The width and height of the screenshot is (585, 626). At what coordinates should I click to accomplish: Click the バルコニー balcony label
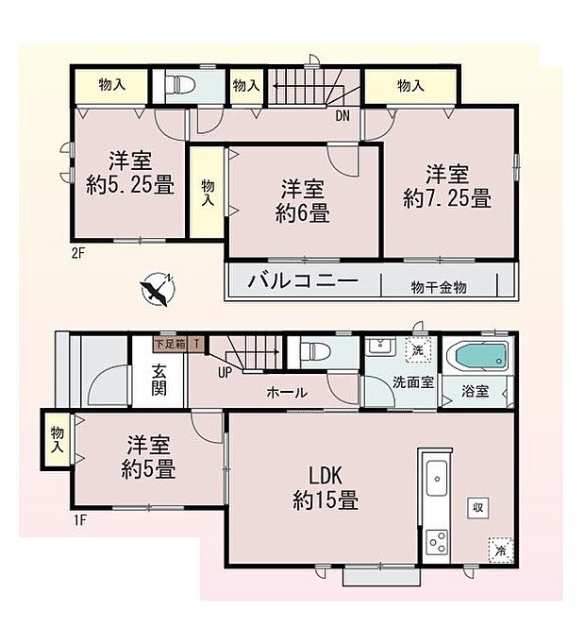click(302, 280)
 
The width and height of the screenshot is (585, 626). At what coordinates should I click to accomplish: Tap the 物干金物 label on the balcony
click(438, 286)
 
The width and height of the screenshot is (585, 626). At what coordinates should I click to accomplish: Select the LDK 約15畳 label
click(324, 489)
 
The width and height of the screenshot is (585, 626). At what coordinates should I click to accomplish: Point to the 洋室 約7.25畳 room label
click(446, 186)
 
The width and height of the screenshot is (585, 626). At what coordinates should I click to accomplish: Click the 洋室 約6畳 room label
click(302, 200)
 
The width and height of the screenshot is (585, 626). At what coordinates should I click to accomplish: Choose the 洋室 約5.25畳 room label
click(129, 173)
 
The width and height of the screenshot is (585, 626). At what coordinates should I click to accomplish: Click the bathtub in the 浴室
click(479, 360)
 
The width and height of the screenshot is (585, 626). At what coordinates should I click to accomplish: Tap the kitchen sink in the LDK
click(437, 478)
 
